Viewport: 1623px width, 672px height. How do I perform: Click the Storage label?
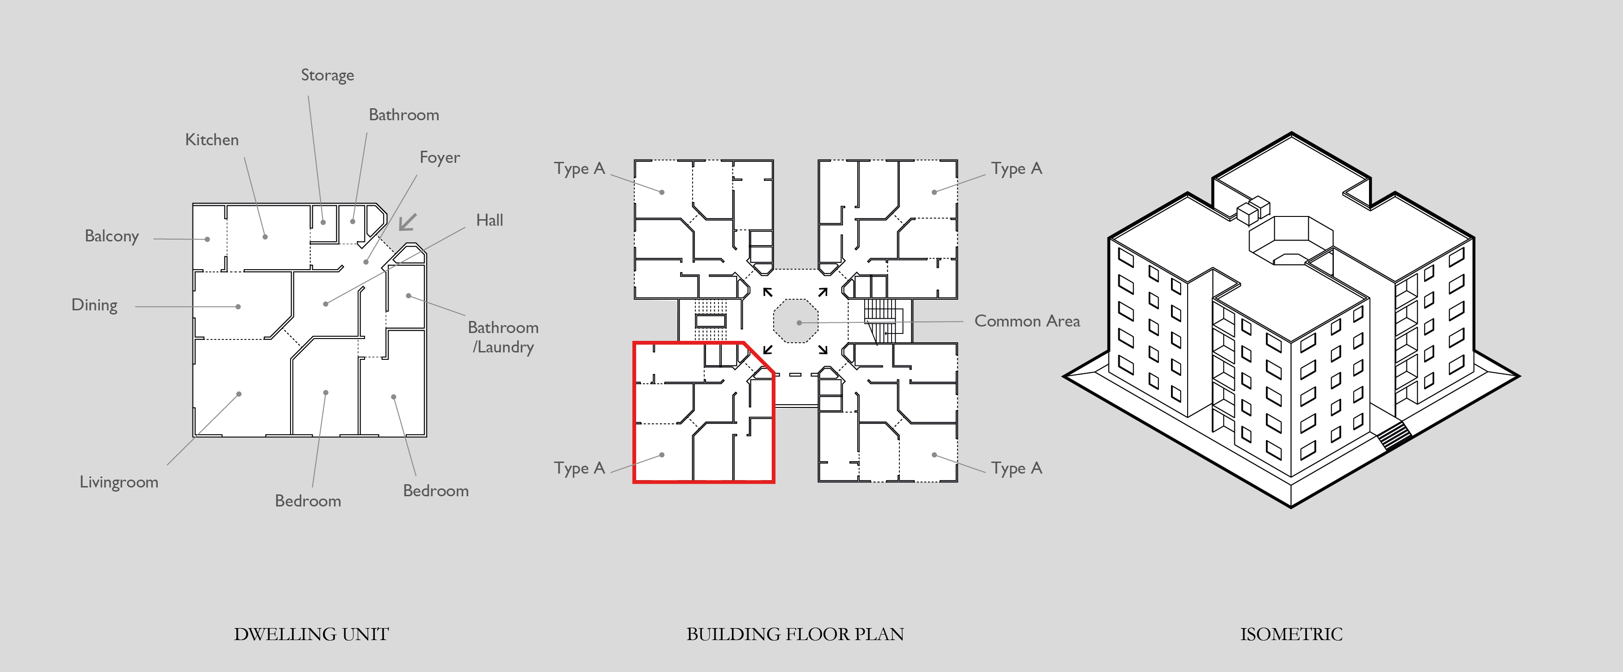pyautogui.click(x=327, y=75)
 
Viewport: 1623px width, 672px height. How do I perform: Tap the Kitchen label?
pyautogui.click(x=212, y=140)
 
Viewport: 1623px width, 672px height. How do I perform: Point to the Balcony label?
pyautogui.click(x=112, y=236)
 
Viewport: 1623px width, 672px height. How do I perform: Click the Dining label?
pyautogui.click(x=94, y=305)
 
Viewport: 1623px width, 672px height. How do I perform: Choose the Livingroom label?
pyautogui.click(x=118, y=482)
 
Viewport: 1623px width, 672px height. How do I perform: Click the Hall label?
pyautogui.click(x=489, y=221)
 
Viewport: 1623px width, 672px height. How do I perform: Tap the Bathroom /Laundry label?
pyautogui.click(x=503, y=337)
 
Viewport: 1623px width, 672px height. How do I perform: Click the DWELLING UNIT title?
pyautogui.click(x=311, y=634)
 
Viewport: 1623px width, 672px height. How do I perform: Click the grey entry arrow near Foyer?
pyautogui.click(x=408, y=222)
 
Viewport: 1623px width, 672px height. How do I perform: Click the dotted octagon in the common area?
pyautogui.click(x=796, y=321)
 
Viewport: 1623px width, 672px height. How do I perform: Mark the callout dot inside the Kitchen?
pyautogui.click(x=265, y=237)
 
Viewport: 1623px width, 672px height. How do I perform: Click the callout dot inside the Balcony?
pyautogui.click(x=207, y=239)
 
